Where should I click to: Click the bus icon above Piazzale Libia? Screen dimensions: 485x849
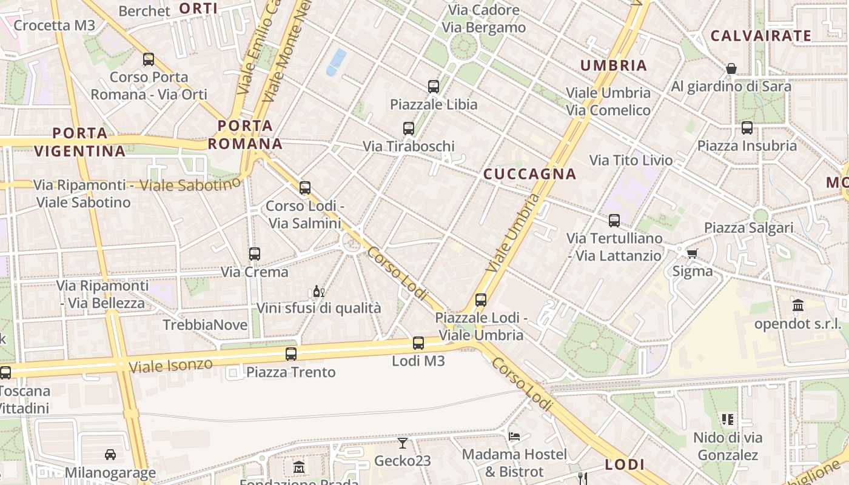point(433,87)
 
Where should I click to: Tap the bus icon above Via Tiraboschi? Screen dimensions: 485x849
point(409,129)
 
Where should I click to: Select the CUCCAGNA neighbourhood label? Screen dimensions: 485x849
point(529,174)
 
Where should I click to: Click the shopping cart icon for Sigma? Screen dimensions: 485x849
point(692,253)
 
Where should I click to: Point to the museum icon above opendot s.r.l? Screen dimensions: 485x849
point(797,306)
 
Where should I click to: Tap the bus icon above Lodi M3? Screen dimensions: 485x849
point(418,343)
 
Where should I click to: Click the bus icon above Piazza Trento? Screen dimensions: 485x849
point(291,354)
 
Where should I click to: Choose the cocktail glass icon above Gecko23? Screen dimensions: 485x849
point(402,443)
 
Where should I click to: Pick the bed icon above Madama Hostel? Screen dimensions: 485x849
point(514,436)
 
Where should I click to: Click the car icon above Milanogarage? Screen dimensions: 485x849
point(110,454)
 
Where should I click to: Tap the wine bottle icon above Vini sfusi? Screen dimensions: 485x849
point(318,292)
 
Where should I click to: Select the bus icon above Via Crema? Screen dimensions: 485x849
point(255,254)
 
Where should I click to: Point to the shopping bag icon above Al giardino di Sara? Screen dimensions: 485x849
point(731,69)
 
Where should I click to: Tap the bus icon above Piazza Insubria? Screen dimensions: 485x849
point(747,128)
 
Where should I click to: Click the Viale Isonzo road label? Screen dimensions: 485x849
point(170,366)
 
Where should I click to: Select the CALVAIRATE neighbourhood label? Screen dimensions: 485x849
point(760,36)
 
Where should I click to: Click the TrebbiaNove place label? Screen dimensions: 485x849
point(205,325)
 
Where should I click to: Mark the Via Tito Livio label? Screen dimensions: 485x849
point(631,160)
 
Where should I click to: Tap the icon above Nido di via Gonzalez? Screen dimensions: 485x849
point(727,420)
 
